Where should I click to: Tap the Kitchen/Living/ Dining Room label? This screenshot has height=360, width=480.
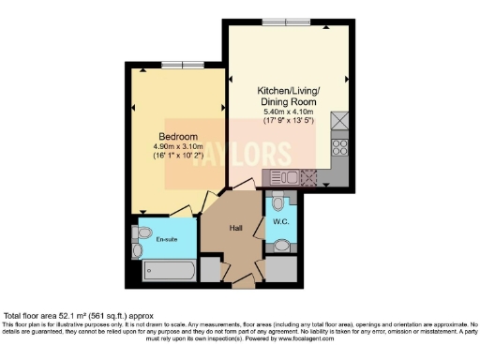(x=289, y=97)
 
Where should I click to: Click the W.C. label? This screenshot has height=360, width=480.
(x=279, y=221)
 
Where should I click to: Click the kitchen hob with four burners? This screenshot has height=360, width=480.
(x=340, y=147)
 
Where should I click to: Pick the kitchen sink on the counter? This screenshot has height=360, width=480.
(x=285, y=176)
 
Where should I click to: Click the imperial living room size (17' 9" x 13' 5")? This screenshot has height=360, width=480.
(x=289, y=122)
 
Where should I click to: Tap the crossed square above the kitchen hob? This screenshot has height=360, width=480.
(x=340, y=121)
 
